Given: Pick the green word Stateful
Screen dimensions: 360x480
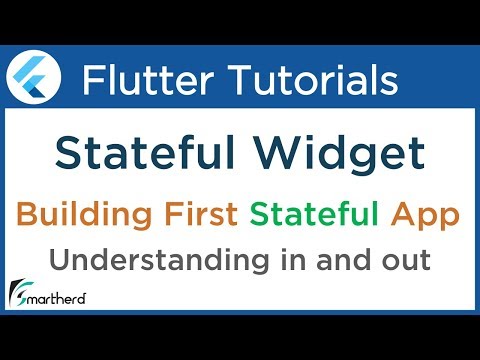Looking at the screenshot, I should pos(311,215).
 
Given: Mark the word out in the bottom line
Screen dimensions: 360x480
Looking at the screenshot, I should pos(400,262).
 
